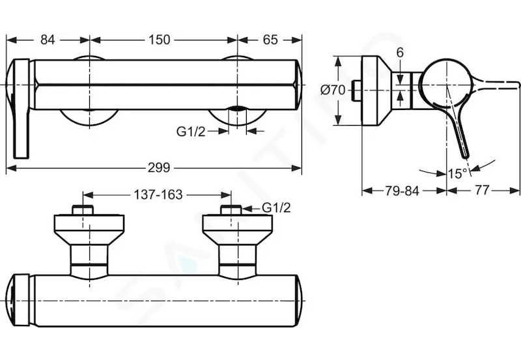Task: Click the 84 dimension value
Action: click(x=48, y=40)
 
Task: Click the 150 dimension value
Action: click(x=160, y=40)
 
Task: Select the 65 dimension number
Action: click(x=270, y=40)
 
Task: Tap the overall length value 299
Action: click(x=159, y=168)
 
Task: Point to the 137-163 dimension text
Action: click(x=158, y=195)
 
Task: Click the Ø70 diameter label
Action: click(x=333, y=90)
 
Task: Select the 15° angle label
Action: click(x=457, y=173)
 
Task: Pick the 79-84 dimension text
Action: click(x=402, y=191)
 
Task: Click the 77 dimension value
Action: click(x=482, y=190)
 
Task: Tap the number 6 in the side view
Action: click(x=400, y=53)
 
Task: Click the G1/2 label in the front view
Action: click(x=191, y=132)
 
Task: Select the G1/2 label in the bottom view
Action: click(x=276, y=208)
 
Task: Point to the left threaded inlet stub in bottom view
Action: click(x=83, y=210)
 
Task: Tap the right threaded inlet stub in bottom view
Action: click(x=231, y=210)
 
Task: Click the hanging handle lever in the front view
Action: click(x=21, y=109)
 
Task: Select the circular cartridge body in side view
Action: click(x=445, y=85)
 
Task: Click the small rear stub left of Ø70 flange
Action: click(x=357, y=90)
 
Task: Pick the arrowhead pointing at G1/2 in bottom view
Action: click(x=247, y=208)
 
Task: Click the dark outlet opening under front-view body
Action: click(x=237, y=108)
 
